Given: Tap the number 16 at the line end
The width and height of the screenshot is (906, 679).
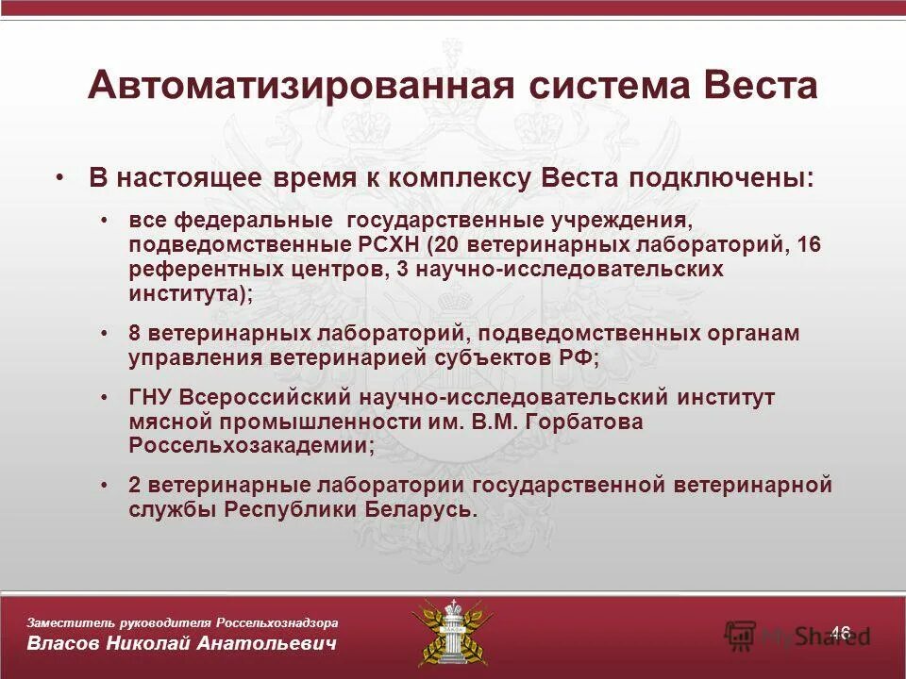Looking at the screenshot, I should pyautogui.click(x=810, y=245).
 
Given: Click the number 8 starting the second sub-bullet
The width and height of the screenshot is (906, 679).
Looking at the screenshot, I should pyautogui.click(x=135, y=334).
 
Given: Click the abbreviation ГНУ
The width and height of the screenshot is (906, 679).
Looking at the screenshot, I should pyautogui.click(x=151, y=398).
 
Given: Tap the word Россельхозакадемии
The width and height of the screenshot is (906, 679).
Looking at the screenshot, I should pyautogui.click(x=249, y=445).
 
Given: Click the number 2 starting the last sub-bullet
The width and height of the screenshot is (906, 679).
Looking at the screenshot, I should pyautogui.click(x=135, y=486).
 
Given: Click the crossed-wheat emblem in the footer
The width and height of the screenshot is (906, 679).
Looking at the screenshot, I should pyautogui.click(x=451, y=631).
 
